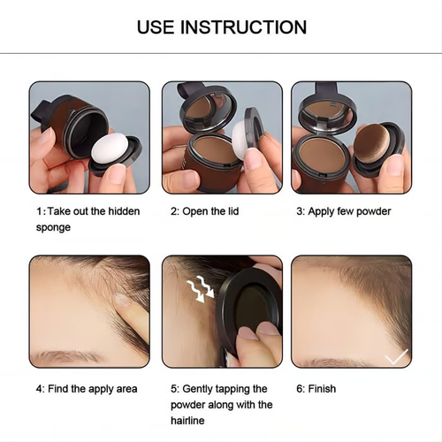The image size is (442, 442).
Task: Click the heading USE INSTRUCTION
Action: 221,27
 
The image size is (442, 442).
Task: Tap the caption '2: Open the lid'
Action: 204,211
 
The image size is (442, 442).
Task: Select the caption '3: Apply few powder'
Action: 343,211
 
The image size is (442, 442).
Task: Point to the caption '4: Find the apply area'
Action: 87,389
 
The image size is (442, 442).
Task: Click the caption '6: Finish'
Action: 316,389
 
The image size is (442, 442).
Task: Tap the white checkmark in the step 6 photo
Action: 395,355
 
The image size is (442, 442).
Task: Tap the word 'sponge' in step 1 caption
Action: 54,227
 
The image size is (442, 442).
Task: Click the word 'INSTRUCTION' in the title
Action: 246,27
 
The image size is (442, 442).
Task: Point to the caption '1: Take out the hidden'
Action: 87,211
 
